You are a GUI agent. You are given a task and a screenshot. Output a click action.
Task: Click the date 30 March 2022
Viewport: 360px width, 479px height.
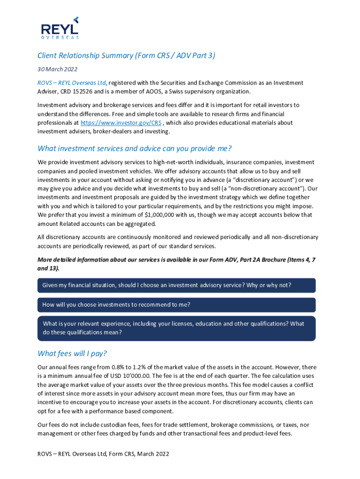point(58,69)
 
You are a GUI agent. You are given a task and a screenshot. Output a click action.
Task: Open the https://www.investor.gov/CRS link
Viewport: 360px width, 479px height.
point(121,123)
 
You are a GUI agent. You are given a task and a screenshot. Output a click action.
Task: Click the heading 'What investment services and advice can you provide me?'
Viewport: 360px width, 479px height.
point(135,149)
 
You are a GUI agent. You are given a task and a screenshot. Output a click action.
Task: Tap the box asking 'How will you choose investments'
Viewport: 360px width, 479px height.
point(176,305)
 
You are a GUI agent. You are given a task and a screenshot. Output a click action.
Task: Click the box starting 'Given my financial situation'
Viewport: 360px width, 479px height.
point(176,285)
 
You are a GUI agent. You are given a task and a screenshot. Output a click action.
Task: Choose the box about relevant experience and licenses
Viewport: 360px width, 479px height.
point(176,328)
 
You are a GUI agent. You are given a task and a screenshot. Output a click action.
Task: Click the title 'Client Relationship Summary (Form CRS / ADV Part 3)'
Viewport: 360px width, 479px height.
point(126,56)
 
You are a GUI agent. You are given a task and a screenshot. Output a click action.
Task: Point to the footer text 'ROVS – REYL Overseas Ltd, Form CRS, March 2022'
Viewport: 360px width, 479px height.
point(103,454)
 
